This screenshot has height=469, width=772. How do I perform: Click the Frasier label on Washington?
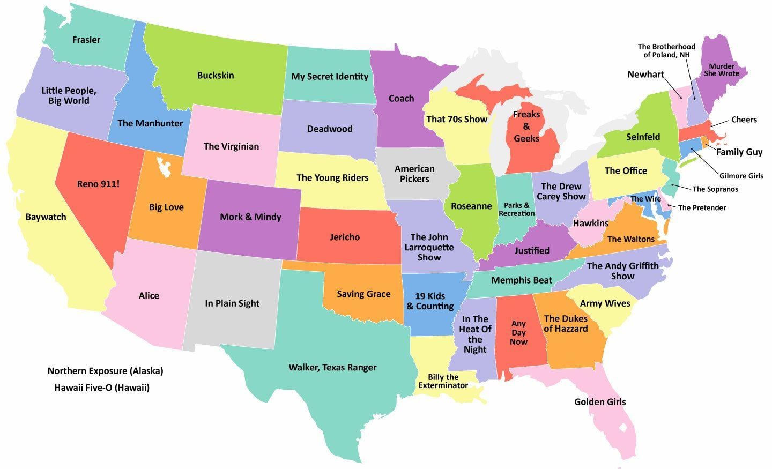coord(86,40)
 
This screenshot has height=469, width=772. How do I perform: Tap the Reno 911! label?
coord(98,184)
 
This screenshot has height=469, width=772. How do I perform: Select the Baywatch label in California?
coord(46,217)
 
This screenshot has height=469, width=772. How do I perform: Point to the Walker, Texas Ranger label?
coord(332,367)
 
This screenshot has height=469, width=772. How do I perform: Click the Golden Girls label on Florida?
coord(600,401)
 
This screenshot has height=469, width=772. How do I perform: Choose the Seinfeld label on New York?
coord(643,137)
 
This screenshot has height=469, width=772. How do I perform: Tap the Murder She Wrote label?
coord(721,70)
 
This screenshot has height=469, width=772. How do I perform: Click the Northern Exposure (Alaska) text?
coord(105,371)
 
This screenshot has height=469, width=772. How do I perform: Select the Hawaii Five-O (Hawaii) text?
coord(102,387)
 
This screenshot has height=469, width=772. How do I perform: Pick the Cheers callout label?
coord(744,120)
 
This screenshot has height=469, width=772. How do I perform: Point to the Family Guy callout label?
coord(739,152)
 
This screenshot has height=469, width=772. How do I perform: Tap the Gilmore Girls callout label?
coord(741,176)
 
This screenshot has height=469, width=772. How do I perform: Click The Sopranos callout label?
coord(715,189)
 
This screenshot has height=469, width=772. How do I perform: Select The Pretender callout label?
coord(702,207)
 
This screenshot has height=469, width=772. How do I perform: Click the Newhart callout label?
coord(645,75)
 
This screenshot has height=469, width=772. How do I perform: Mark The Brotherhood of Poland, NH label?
coord(666,51)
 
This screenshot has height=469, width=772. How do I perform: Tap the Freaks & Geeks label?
coord(526,126)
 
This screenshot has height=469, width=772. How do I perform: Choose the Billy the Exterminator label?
coord(443,381)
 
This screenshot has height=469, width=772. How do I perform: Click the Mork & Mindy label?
coord(250,217)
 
